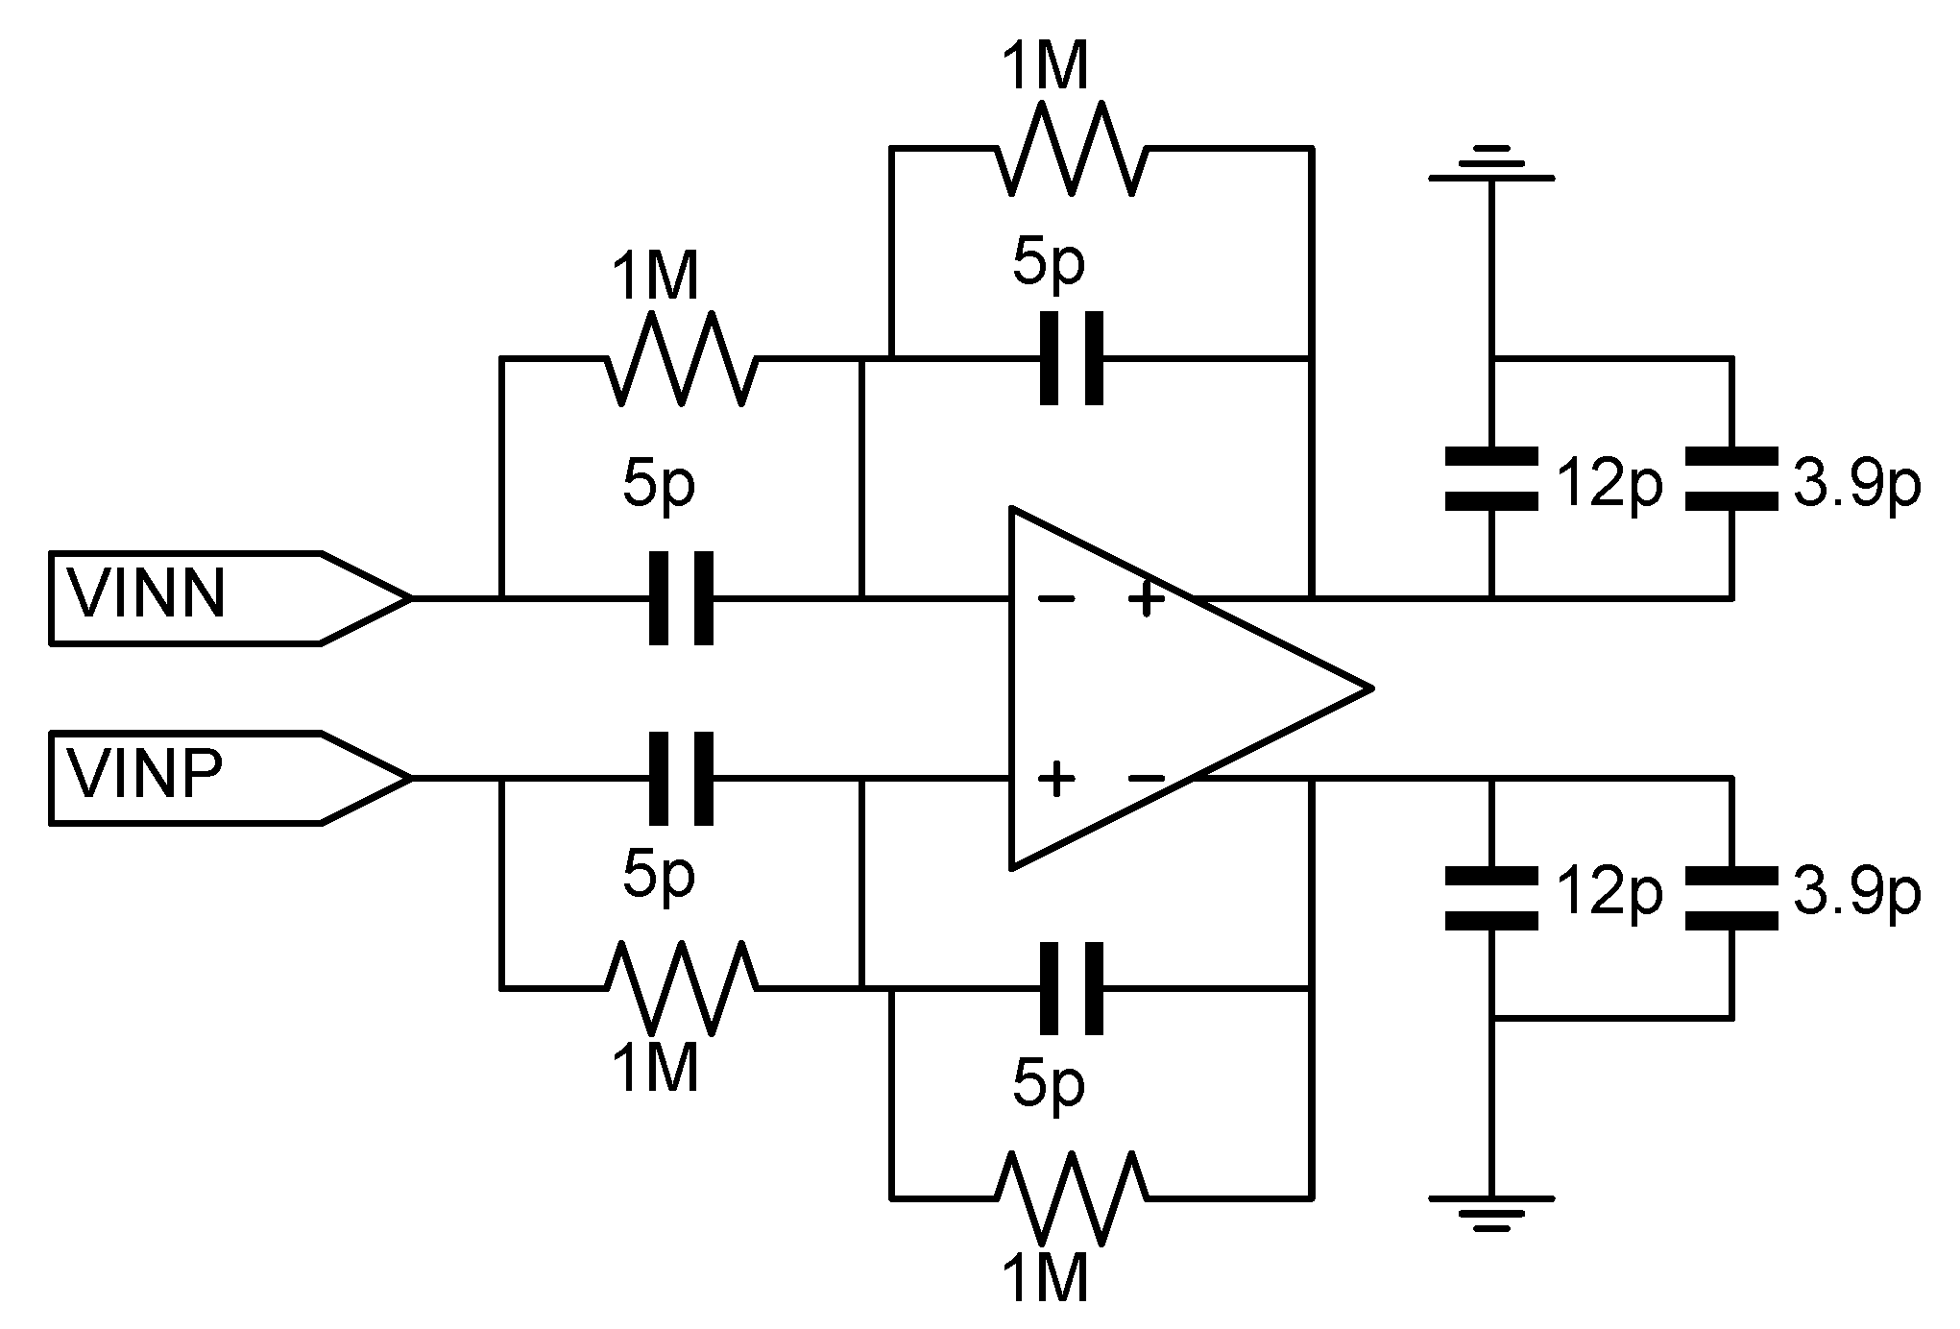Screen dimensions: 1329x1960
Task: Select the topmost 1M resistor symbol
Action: point(1072,149)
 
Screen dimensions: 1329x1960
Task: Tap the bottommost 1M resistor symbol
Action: point(1072,1197)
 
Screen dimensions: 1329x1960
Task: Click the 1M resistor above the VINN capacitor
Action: point(681,358)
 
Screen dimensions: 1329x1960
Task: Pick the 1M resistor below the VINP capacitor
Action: point(681,987)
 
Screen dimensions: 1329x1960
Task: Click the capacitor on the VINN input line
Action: point(681,597)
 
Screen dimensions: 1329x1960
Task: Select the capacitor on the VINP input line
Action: point(681,778)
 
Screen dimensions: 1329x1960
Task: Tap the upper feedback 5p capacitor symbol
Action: point(1072,358)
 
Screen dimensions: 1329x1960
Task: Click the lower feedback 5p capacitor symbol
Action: point(1072,987)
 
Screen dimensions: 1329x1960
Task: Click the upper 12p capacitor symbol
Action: point(1490,477)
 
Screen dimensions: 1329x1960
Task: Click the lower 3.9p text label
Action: point(1856,894)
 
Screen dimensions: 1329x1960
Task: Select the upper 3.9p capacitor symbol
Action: point(1731,477)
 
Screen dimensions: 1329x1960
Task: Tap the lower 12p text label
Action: point(1609,894)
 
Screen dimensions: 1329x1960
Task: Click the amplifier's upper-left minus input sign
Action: point(1055,599)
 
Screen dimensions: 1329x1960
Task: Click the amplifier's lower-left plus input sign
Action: point(1055,778)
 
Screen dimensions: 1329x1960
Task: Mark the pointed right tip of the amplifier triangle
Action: point(1369,688)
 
